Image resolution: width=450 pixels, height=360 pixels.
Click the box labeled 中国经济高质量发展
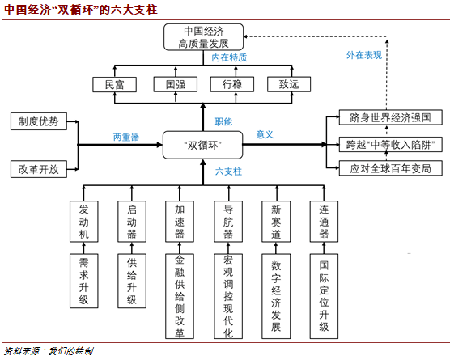coord(203,37)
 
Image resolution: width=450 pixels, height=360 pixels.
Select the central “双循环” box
coord(202,145)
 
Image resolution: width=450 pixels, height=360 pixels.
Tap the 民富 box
coord(114,84)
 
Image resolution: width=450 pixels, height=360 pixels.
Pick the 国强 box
coord(176,84)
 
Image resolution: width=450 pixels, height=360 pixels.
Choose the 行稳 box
coord(232,84)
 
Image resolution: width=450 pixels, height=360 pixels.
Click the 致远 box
coord(289,84)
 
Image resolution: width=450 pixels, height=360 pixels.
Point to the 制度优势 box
coord(39,121)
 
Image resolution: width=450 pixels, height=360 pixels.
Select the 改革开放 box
coord(39,169)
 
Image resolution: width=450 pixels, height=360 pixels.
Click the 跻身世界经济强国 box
coord(391,117)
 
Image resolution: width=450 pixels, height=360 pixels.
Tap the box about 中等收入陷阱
coord(391,145)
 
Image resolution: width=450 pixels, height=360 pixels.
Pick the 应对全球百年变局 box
coord(391,168)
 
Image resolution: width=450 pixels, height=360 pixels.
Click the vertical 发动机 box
coord(84,222)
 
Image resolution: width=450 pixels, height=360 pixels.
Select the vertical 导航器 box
coord(228,222)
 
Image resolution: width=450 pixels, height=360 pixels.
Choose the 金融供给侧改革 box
coord(180,296)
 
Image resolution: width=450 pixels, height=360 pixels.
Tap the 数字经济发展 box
coord(276,296)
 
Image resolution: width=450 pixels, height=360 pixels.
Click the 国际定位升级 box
coord(324,296)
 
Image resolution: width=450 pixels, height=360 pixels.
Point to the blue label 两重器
coord(126,137)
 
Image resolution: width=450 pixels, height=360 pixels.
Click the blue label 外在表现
coord(364,55)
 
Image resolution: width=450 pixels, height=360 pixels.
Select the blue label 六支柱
coord(228,172)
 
